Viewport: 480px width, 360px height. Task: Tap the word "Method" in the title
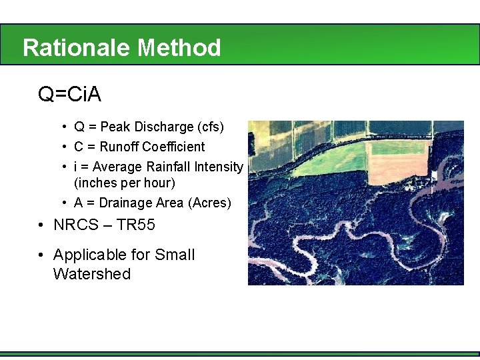click(x=179, y=48)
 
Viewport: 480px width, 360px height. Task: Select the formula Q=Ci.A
click(x=69, y=95)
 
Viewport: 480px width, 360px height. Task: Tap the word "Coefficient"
click(x=172, y=147)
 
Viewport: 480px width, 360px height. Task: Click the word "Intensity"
click(x=218, y=167)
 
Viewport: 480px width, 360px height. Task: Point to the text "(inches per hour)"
click(x=124, y=183)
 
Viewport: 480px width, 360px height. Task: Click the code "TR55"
click(x=136, y=225)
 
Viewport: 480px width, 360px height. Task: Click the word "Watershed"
click(x=91, y=274)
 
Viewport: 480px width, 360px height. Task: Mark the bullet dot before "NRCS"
click(x=42, y=225)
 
